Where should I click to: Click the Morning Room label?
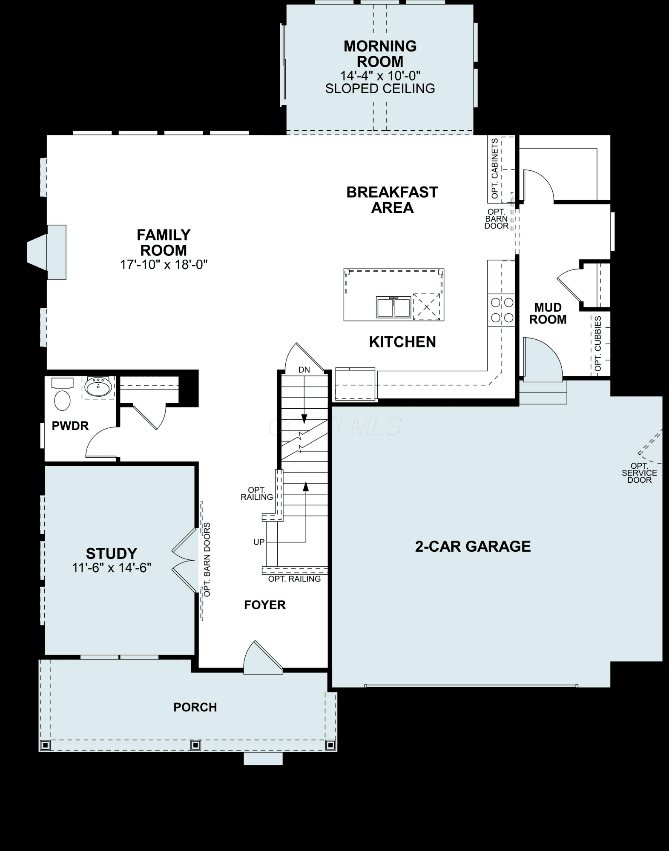(x=380, y=54)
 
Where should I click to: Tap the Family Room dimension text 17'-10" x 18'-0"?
(x=164, y=265)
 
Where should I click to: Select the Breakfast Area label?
(x=392, y=200)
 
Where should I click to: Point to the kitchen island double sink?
(x=393, y=307)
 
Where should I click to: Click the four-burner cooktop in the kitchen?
(x=502, y=310)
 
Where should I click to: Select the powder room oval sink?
(x=98, y=387)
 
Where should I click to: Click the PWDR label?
(x=70, y=426)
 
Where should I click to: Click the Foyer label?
(x=265, y=605)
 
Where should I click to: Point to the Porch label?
(x=195, y=707)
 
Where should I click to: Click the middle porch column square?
(x=195, y=745)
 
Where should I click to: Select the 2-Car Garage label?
(x=473, y=546)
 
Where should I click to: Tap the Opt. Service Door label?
(x=639, y=473)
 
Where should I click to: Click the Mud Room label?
(x=548, y=313)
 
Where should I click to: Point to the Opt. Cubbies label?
(x=598, y=344)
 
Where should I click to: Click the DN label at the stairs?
(x=304, y=370)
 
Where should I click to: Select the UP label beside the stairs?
(x=259, y=542)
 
